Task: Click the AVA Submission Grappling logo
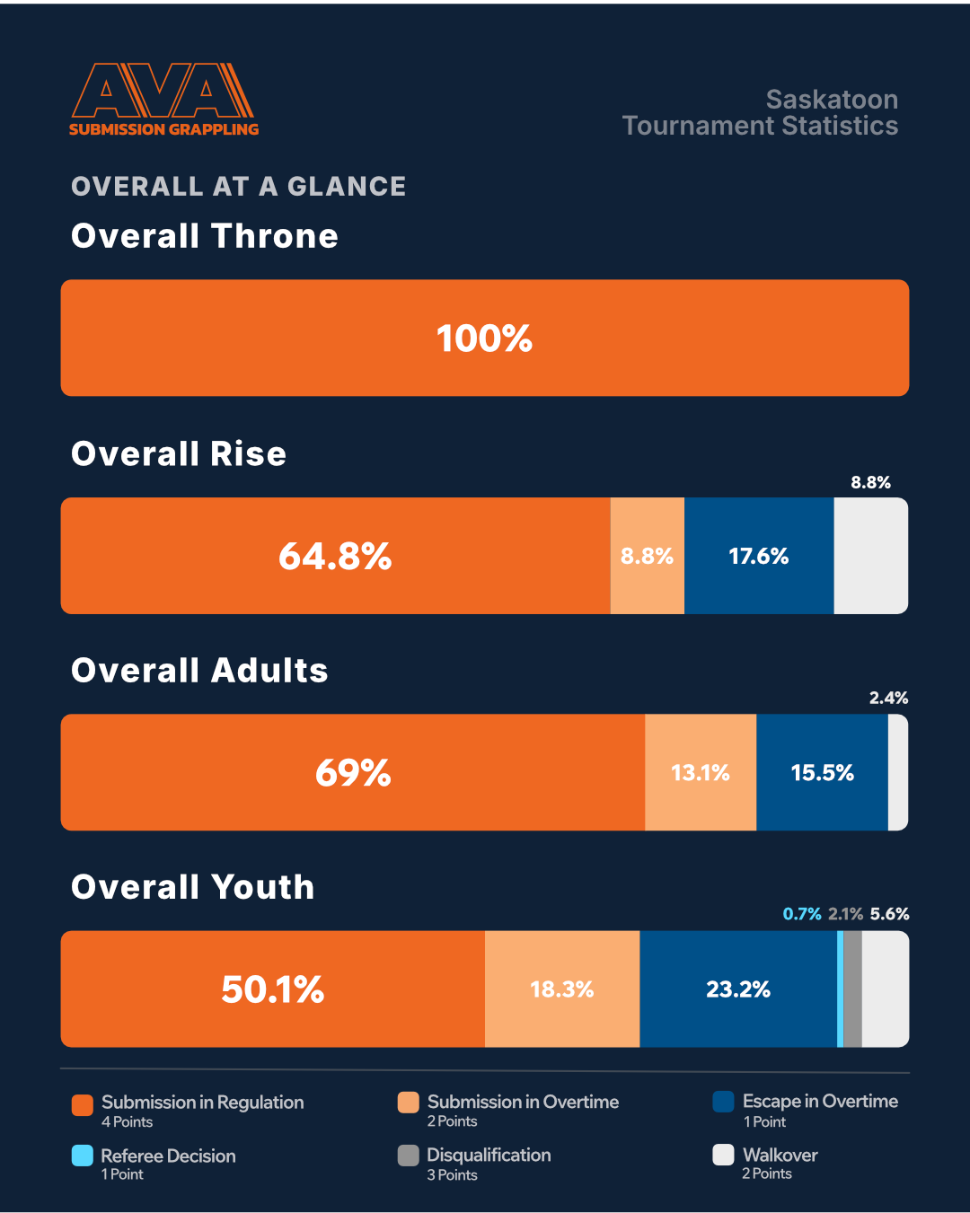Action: click(163, 99)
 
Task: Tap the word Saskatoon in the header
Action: click(832, 99)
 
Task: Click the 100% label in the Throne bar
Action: click(484, 338)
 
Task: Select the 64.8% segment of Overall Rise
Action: click(335, 556)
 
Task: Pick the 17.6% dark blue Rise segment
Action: click(759, 556)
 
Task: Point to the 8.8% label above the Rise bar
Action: click(870, 482)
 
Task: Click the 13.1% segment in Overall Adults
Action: click(701, 772)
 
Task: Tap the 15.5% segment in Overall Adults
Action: click(822, 772)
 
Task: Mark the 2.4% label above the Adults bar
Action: click(888, 698)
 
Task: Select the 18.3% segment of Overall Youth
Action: click(562, 989)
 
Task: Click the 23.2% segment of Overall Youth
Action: click(738, 989)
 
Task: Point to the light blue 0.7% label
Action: click(801, 914)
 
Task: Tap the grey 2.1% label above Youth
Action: click(845, 914)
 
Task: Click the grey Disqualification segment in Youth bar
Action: click(852, 989)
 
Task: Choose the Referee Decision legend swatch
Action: click(83, 1156)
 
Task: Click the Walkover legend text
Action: click(780, 1155)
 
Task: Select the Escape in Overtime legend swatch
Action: click(723, 1102)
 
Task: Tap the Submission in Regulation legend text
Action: click(202, 1102)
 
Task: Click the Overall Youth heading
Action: click(192, 887)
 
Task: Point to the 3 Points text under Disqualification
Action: click(452, 1175)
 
